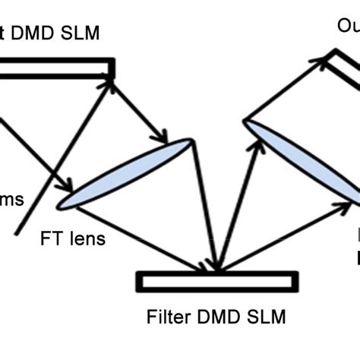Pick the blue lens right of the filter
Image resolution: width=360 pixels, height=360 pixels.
[x=301, y=163]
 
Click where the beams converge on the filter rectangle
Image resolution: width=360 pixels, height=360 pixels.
[x=216, y=270]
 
